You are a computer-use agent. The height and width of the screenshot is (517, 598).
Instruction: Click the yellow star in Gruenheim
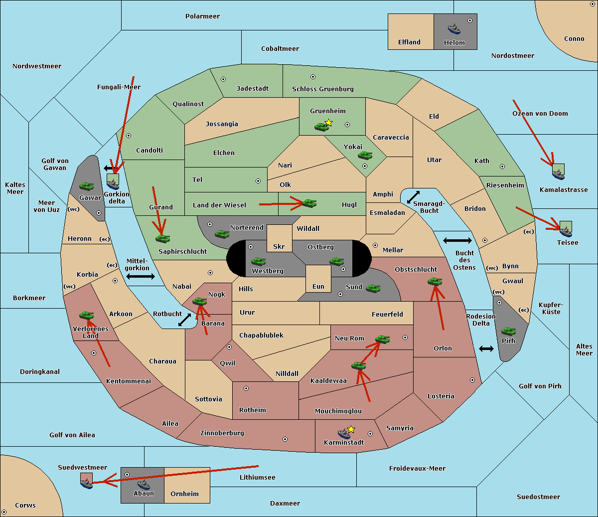click(329, 123)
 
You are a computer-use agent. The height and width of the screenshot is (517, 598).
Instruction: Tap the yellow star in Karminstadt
click(351, 429)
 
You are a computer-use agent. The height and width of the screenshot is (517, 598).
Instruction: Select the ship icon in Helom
click(454, 29)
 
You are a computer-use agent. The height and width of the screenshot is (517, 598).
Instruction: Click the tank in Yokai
click(365, 156)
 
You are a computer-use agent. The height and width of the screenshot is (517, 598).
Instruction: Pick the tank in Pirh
click(508, 331)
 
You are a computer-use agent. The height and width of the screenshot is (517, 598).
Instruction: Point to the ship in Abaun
click(144, 484)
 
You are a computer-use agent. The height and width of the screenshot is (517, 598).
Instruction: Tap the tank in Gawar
click(87, 186)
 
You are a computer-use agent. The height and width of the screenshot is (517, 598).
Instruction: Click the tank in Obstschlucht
click(435, 281)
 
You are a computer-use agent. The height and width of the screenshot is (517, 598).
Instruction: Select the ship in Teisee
click(566, 232)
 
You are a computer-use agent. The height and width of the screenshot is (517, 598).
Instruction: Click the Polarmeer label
click(202, 16)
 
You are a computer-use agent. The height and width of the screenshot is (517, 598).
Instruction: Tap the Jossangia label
click(222, 124)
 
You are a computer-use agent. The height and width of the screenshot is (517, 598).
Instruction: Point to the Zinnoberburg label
click(222, 433)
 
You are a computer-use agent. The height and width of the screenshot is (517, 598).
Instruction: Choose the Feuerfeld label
click(387, 314)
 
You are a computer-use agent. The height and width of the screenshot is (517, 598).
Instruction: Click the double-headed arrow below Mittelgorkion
click(141, 276)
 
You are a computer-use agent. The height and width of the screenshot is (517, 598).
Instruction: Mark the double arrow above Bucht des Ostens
click(457, 240)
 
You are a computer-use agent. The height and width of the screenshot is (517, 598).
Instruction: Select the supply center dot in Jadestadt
click(223, 79)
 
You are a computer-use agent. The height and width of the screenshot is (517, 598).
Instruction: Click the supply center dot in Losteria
click(472, 380)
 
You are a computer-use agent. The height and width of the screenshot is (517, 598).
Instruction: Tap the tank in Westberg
click(258, 261)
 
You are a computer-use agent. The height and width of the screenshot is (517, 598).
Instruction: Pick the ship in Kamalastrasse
click(558, 174)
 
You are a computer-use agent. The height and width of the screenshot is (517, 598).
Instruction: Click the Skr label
click(279, 246)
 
